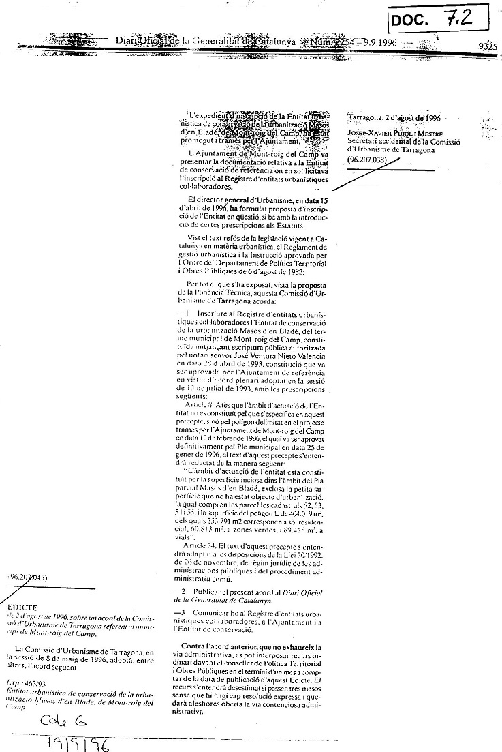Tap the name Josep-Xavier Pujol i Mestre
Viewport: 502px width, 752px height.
tap(396, 131)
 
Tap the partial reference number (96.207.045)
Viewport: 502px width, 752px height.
tap(29, 577)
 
